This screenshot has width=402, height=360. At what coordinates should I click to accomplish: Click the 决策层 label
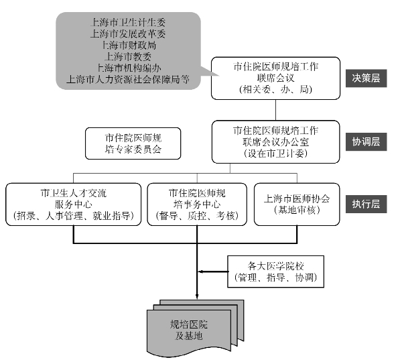366,78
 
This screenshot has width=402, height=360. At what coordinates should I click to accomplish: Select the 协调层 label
366,141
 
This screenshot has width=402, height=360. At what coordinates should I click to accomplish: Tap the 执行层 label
366,204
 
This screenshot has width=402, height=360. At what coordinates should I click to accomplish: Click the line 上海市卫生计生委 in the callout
129,21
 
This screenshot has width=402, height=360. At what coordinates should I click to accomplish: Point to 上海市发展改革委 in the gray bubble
129,33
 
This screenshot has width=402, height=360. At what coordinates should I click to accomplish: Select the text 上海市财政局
129,44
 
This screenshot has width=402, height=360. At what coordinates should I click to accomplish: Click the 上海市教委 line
129,56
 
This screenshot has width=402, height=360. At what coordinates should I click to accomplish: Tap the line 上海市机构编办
129,67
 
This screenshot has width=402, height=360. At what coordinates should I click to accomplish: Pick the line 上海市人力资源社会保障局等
129,78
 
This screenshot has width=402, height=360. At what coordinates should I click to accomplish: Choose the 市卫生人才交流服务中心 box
73,204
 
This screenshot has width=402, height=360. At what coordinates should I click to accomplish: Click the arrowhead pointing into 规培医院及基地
196,294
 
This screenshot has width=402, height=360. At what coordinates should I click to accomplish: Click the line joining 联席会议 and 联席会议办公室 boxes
275,109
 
